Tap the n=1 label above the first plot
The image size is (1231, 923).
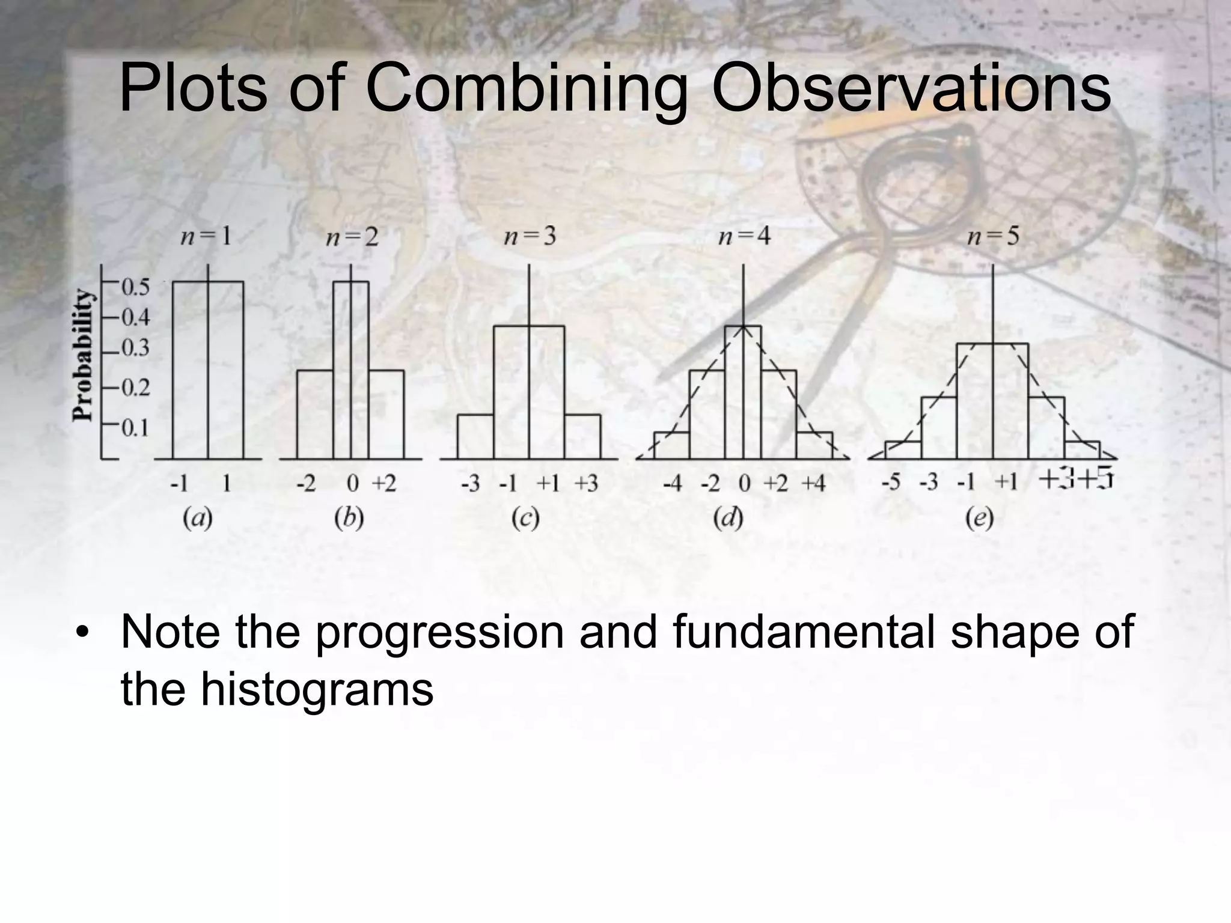tap(206, 237)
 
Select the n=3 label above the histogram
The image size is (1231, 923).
tap(530, 237)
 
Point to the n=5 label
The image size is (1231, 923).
tap(993, 237)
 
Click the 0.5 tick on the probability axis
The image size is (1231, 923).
tap(135, 287)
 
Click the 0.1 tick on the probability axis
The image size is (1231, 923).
tap(135, 428)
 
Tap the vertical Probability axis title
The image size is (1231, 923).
tap(83, 356)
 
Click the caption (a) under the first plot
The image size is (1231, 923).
tap(198, 518)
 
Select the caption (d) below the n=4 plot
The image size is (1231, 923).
tap(729, 518)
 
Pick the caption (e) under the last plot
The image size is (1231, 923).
tap(979, 518)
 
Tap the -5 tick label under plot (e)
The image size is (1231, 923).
tap(891, 483)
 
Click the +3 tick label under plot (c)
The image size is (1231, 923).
tap(586, 483)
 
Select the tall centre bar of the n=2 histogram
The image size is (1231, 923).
tap(351, 370)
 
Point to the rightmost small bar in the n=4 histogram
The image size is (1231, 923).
tap(814, 445)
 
